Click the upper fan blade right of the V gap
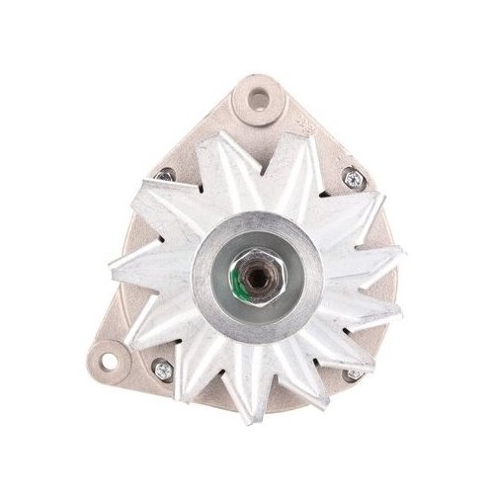coord(296,158)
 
